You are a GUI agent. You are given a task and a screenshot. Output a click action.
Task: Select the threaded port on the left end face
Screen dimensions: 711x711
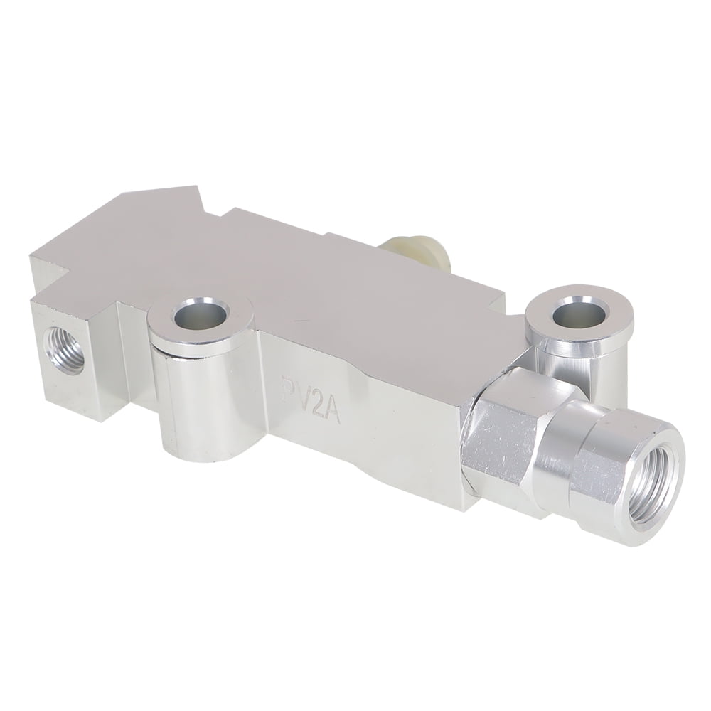click(x=64, y=346)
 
